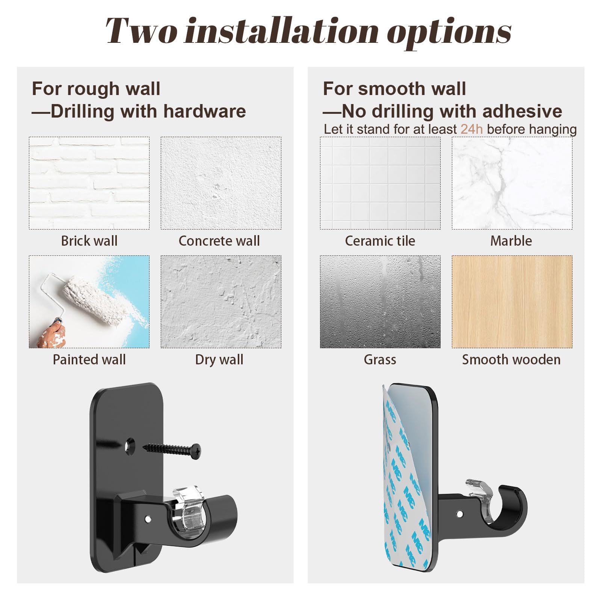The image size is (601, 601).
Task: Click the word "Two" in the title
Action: point(141,31)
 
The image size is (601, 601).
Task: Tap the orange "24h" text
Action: point(471,129)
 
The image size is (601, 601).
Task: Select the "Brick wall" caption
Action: point(89,241)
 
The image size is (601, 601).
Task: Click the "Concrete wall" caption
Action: point(219,241)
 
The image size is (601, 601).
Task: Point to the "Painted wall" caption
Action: point(89,359)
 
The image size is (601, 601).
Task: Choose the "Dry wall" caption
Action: point(219,360)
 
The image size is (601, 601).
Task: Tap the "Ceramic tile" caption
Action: point(380,241)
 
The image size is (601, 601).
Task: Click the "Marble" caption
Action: point(511,241)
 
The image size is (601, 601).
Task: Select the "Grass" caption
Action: point(380,359)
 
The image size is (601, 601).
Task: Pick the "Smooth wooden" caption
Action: point(511,359)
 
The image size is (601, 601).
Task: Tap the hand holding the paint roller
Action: point(53,334)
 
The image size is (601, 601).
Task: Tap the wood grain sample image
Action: point(512,302)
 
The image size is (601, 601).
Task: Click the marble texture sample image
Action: point(512,183)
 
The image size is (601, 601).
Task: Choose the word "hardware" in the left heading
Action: point(204,112)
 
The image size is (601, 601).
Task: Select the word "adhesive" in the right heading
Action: point(522,112)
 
